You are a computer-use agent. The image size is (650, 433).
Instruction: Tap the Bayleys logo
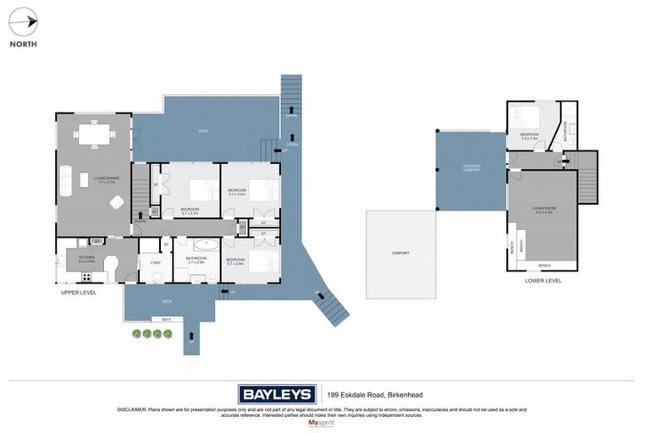pos(276,394)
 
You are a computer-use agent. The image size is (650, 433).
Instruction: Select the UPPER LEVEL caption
pos(79,293)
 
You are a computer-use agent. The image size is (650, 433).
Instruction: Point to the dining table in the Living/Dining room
pos(92,133)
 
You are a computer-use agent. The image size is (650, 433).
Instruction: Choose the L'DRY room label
pos(155,261)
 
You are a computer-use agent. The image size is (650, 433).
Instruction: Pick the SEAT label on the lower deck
pos(166,319)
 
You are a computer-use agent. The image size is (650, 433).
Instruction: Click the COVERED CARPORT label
pos(471,168)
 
